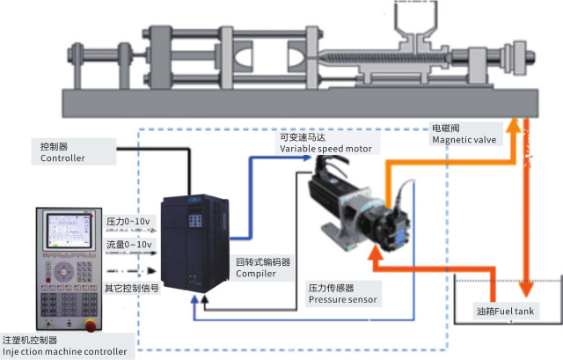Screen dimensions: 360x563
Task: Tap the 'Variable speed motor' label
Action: coord(327,150)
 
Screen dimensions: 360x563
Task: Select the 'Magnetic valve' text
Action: coord(464,140)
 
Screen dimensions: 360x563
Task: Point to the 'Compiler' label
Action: coord(256,274)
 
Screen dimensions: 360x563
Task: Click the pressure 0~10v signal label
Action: coord(129,221)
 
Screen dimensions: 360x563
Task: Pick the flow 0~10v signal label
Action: coord(129,244)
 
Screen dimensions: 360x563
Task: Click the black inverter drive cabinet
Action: coord(192,242)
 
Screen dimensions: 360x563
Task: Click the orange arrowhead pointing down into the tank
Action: coord(525,290)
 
